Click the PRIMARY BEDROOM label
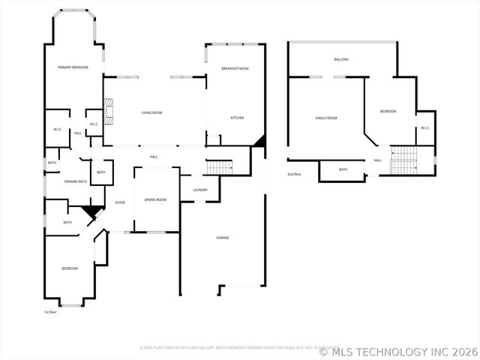tap(73, 67)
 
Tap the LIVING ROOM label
tap(152, 112)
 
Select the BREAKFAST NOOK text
tap(235, 68)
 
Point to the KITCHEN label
tap(237, 118)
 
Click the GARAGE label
tap(223, 238)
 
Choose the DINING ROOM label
tap(156, 199)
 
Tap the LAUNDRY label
tap(200, 190)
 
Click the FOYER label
tap(120, 203)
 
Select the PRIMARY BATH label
tap(76, 181)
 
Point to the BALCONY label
tap(341, 59)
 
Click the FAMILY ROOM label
tap(326, 118)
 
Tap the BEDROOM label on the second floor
tap(388, 111)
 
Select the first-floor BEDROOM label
tap(70, 268)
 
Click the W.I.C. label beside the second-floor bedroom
tap(424, 127)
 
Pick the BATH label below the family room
tap(343, 169)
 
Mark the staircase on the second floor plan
tap(404, 159)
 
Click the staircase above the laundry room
tap(218, 166)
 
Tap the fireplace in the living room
tap(108, 111)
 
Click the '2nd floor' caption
tap(294, 174)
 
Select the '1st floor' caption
tap(50, 312)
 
